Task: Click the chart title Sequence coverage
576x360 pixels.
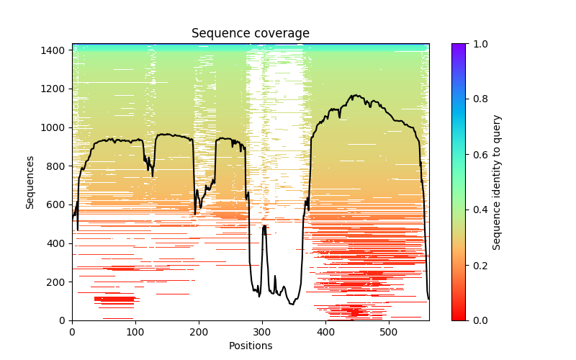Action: click(x=251, y=34)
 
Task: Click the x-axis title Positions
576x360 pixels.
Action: click(x=251, y=346)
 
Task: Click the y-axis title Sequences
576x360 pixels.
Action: click(x=30, y=182)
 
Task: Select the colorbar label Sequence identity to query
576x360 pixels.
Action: click(x=497, y=182)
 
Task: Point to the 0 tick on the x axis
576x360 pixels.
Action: click(x=72, y=331)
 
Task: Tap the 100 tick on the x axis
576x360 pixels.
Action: click(x=135, y=331)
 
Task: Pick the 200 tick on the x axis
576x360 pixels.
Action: click(x=199, y=331)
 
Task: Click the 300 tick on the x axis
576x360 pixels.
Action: click(x=262, y=331)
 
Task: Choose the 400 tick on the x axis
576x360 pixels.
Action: click(x=325, y=331)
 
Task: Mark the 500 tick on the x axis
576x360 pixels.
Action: click(x=389, y=331)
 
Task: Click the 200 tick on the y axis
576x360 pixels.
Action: click(x=57, y=282)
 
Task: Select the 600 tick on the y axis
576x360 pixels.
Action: click(x=57, y=204)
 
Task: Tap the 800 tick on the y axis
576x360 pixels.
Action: click(x=57, y=166)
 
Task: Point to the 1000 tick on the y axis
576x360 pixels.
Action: click(x=55, y=127)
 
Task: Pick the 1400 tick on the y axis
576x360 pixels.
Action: click(x=55, y=50)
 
